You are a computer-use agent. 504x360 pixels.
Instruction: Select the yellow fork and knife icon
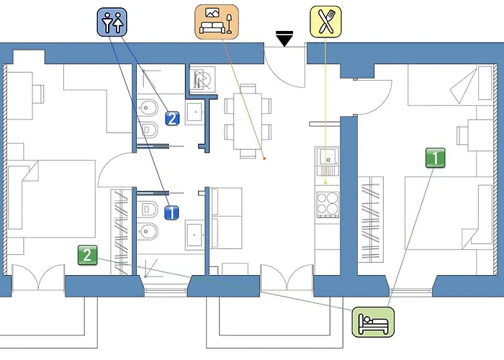pyautogui.click(x=326, y=22)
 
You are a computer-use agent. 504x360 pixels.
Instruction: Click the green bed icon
pyautogui.click(x=374, y=321)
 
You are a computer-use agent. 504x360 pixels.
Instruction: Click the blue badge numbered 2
pyautogui.click(x=171, y=119)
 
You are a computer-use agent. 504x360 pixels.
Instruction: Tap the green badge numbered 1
pyautogui.click(x=434, y=158)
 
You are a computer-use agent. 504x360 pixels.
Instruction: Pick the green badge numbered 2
pyautogui.click(x=87, y=254)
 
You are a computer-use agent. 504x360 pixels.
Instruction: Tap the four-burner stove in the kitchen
pyautogui.click(x=328, y=203)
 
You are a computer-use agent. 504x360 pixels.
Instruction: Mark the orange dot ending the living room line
pyautogui.click(x=264, y=158)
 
